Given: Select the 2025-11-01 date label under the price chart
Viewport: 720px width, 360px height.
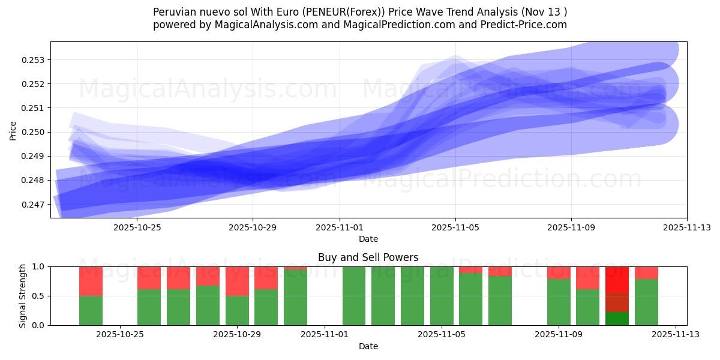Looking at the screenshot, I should click(340, 227).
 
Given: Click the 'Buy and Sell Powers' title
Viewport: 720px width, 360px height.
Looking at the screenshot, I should click(368, 257).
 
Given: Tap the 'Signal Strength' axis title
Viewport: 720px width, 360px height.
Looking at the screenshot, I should click(23, 296).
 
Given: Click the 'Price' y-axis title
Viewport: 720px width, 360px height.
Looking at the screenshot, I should click(13, 130).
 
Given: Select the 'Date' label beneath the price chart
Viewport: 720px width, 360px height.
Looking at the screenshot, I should click(368, 239).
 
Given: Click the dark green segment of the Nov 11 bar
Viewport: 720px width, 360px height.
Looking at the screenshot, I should click(617, 319).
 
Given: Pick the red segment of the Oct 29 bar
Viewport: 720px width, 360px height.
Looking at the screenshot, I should click(237, 281).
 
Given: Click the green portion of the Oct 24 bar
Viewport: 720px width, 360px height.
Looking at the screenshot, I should click(91, 310).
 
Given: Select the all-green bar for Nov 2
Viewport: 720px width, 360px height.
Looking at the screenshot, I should click(354, 296).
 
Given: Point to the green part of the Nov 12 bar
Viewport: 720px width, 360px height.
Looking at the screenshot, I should click(646, 302).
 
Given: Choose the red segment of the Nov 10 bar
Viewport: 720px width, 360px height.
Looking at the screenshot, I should click(587, 278).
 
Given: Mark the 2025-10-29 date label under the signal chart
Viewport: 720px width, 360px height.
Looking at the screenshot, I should click(237, 335).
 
